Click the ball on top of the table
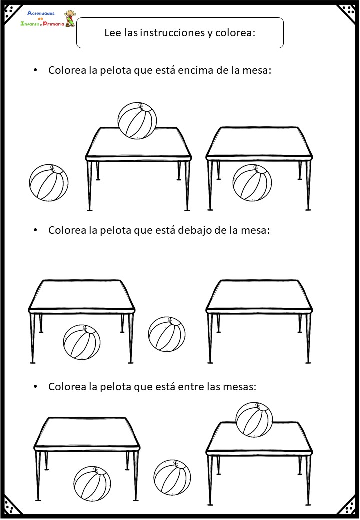137,121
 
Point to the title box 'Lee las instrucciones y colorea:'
180,33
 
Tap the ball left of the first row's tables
49,183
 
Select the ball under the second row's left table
82,342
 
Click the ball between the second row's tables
167,334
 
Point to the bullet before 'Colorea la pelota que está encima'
35,70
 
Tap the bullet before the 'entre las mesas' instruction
35,387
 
